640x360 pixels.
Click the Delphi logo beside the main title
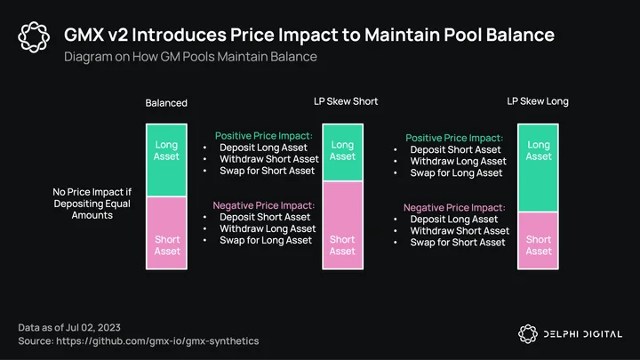click(34, 37)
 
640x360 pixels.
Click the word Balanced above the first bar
click(166, 103)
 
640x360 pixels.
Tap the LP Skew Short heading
click(346, 101)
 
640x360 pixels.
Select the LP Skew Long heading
click(538, 101)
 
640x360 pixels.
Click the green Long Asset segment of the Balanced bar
click(166, 160)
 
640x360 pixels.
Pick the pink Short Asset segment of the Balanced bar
click(166, 233)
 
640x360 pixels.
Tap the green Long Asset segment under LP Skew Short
click(343, 152)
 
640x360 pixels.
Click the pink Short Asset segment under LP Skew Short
click(343, 225)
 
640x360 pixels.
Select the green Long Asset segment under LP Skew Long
click(538, 168)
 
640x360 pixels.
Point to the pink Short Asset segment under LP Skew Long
click(538, 240)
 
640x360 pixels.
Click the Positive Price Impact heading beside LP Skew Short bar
click(264, 136)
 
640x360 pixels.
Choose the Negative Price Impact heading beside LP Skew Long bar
click(454, 207)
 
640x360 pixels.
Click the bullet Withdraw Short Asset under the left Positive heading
click(269, 159)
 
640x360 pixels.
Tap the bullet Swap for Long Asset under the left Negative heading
click(266, 240)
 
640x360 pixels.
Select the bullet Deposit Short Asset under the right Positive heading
click(455, 150)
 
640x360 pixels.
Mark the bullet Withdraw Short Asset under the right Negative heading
click(460, 231)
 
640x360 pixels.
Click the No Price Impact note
click(92, 204)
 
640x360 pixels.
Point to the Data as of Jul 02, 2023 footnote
click(69, 327)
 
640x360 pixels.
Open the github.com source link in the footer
click(157, 340)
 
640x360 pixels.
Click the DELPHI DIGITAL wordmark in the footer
click(583, 334)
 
